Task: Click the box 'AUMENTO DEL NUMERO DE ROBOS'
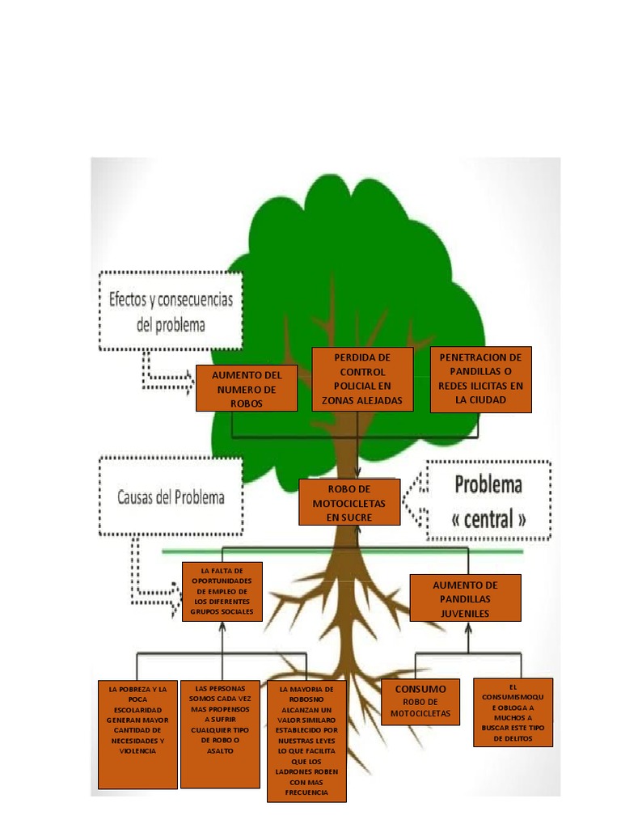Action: click(247, 388)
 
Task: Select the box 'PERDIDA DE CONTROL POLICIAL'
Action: click(363, 379)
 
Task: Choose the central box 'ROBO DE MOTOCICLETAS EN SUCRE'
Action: click(349, 502)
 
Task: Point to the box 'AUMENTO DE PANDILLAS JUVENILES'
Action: click(465, 598)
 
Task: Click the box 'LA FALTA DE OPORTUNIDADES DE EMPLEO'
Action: click(222, 592)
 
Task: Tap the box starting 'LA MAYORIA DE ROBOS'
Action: click(306, 741)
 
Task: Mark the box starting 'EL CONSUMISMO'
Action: click(513, 712)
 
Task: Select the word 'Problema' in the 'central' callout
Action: click(488, 485)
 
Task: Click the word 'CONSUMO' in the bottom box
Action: click(420, 689)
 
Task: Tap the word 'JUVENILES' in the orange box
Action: click(465, 614)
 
